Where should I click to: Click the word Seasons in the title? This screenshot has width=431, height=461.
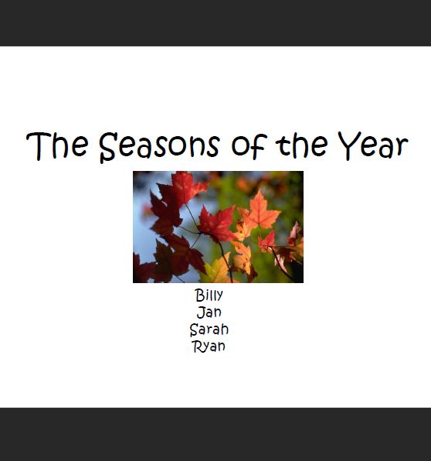159,147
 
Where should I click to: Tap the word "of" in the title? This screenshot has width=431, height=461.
249,145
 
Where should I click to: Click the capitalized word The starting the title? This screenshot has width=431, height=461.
57,145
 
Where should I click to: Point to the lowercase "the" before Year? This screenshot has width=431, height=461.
301,145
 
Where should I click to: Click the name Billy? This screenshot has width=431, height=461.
209,295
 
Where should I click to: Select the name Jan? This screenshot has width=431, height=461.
209,312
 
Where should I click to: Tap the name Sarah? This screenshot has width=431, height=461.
209,330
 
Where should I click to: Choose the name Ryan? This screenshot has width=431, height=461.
209,347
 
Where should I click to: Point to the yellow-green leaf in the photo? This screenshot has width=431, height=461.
216,270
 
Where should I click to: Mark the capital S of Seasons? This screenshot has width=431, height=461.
108,148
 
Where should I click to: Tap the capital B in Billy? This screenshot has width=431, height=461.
200,295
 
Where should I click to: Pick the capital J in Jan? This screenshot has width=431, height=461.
201,312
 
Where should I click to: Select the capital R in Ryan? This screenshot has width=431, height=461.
197,347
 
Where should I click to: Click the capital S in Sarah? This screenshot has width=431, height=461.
195,330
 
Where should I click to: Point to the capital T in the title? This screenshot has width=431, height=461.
39,146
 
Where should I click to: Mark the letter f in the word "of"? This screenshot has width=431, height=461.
259,145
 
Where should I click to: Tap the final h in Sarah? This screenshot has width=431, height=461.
225,329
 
